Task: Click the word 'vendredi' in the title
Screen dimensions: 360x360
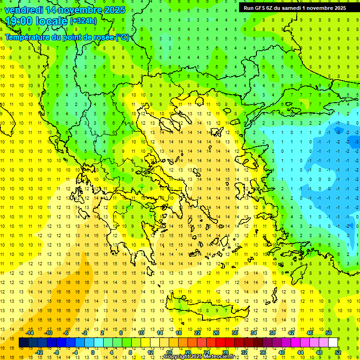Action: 23,10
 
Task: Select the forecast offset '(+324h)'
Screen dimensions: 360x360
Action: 83,21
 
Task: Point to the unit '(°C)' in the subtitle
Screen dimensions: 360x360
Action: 122,37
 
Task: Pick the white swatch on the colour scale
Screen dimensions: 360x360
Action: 333,343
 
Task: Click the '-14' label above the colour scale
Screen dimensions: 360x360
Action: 30,332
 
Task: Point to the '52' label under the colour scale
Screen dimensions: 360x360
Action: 338,352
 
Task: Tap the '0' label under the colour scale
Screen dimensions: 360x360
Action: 93,352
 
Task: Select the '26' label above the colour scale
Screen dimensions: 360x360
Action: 216,332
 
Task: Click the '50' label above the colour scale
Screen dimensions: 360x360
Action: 328,332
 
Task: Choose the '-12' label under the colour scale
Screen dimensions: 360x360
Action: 39,352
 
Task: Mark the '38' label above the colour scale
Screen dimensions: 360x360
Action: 272,332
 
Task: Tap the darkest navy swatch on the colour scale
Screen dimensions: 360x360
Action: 23,343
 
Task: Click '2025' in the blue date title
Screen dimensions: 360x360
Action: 112,10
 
